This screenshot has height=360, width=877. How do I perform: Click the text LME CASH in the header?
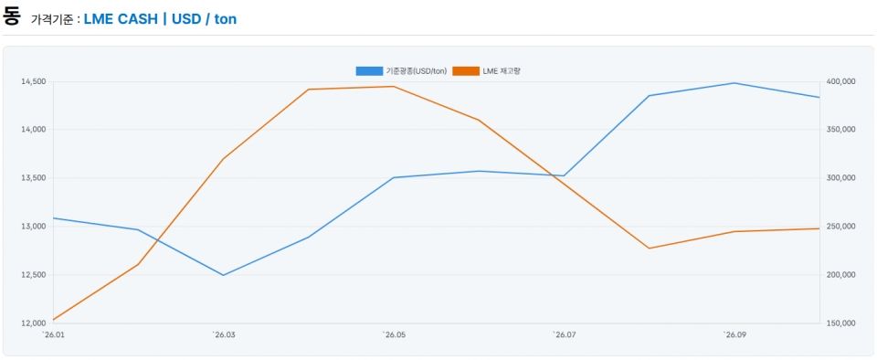pos(121,19)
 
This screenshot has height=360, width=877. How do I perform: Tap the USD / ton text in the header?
pos(204,19)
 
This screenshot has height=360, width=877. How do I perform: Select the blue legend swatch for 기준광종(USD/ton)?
pos(369,71)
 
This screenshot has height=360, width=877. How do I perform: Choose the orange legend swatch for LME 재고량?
pos(466,71)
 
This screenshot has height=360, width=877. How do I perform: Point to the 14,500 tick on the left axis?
pos(33,81)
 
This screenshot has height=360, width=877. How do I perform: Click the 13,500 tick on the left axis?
pos(33,178)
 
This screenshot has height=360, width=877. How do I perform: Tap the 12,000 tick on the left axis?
pos(33,323)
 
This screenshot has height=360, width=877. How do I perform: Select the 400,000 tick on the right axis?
pos(840,81)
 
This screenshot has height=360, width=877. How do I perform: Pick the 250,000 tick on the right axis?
pos(840,227)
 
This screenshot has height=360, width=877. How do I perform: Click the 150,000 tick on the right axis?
pos(840,323)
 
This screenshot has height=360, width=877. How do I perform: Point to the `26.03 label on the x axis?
pos(223,334)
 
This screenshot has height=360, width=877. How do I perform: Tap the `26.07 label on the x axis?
pos(565,334)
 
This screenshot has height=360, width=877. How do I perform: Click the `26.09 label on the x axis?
pos(734,334)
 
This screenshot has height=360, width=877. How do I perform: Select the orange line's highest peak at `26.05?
pos(394,87)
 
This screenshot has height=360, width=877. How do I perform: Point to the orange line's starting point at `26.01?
pos(53,320)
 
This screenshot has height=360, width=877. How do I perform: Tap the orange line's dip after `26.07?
pos(650,249)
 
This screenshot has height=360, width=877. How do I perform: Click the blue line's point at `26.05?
pos(394,178)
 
